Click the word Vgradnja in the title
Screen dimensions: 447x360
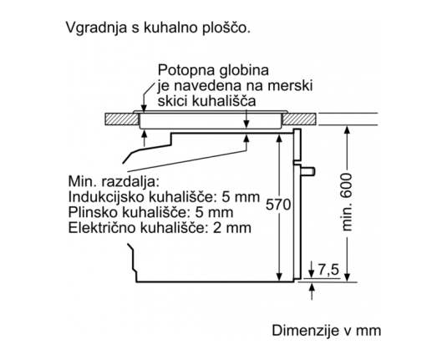point(96,28)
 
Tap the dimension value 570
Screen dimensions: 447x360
point(278,205)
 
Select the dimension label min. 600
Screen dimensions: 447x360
point(347,202)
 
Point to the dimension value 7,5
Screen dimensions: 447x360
point(328,269)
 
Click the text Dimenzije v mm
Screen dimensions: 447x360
point(327,331)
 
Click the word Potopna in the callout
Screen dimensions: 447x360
point(185,71)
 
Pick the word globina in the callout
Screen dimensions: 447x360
point(243,70)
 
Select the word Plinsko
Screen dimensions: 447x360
point(93,212)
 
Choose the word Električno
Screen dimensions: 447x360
point(103,228)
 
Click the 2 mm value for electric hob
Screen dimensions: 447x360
point(231,228)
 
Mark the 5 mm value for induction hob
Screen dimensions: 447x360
point(241,197)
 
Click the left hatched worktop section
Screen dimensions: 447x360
point(122,119)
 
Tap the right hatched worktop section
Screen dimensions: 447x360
point(299,119)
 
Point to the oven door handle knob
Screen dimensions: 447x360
point(308,171)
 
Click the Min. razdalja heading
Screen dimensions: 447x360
point(113,181)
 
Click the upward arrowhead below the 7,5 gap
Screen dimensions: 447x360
point(312,286)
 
